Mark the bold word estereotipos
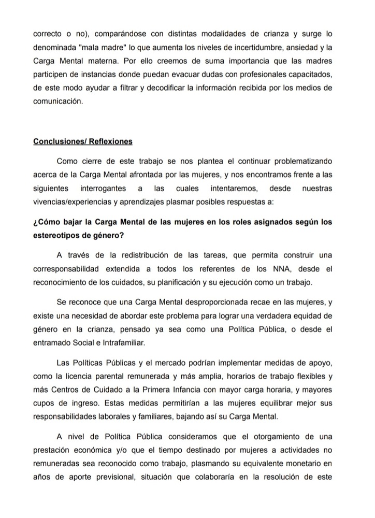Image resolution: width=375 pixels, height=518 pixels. pyautogui.click(x=55, y=236)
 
